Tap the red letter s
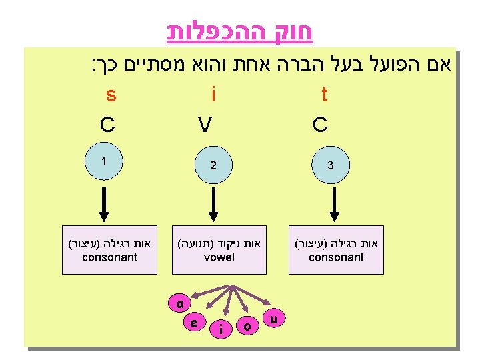111,95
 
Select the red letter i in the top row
213,95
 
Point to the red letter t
325,95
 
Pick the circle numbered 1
104,161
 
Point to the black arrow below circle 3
335,204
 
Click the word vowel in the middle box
219,257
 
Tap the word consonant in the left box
109,257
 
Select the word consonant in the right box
336,257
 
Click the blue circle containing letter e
193,322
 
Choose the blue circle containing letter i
219,327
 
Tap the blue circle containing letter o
247,325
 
